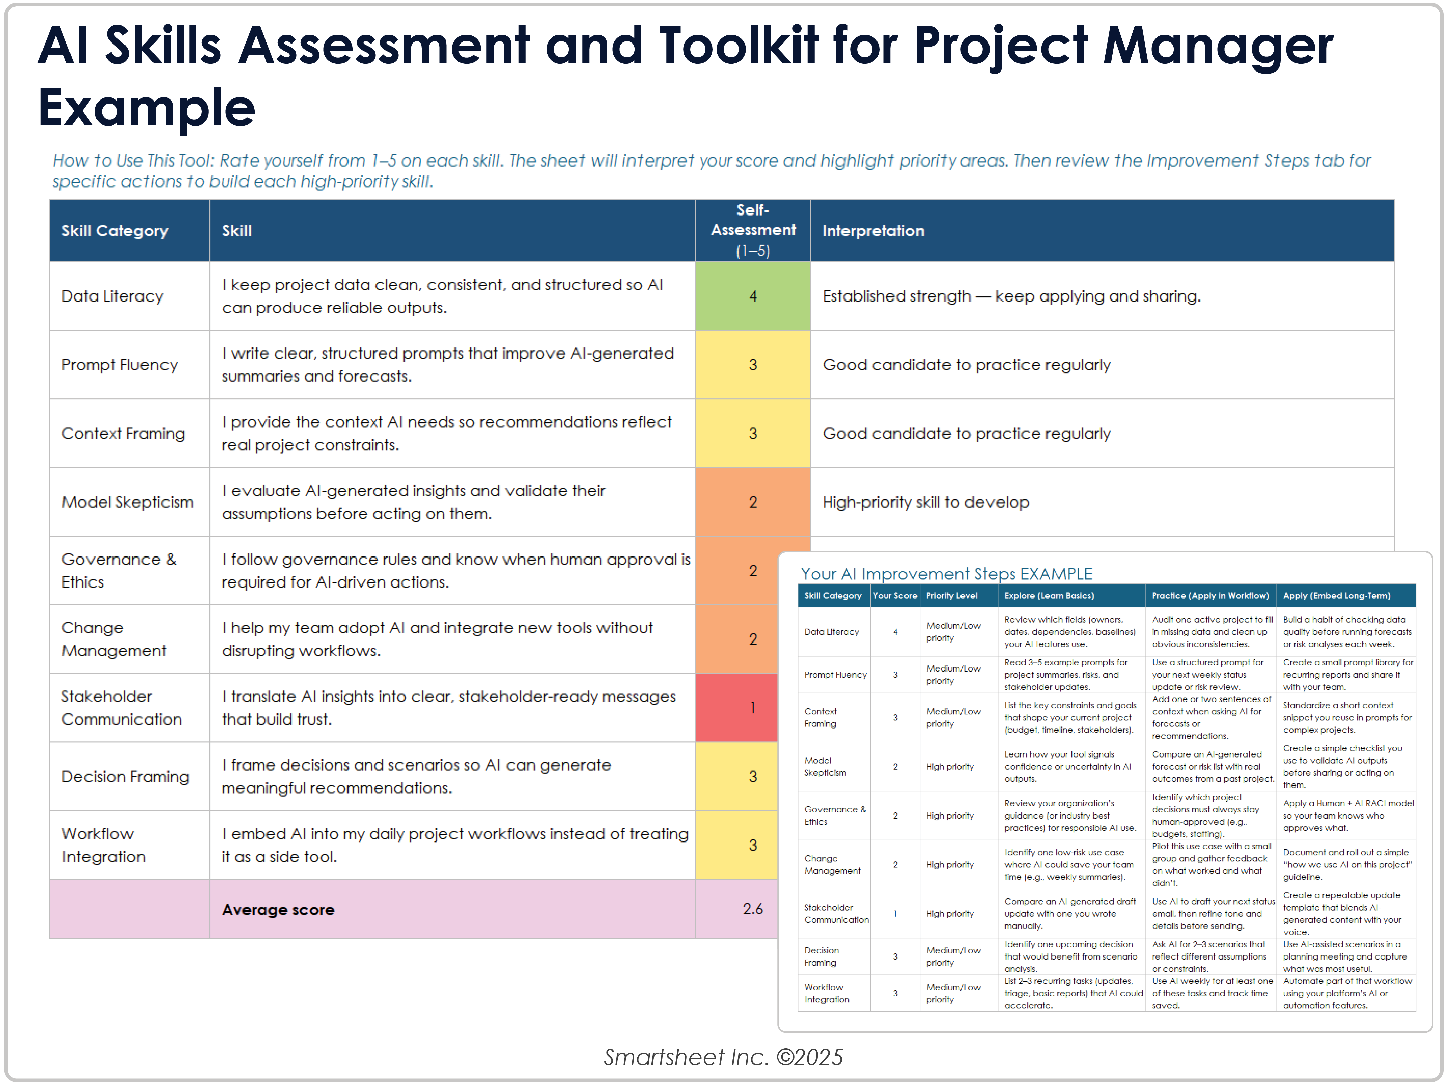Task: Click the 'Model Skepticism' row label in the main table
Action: (x=128, y=502)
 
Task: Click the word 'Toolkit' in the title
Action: (x=739, y=46)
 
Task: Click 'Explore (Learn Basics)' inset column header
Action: (x=1049, y=596)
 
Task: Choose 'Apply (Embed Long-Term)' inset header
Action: (x=1336, y=596)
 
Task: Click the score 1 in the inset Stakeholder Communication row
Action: (x=895, y=914)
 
